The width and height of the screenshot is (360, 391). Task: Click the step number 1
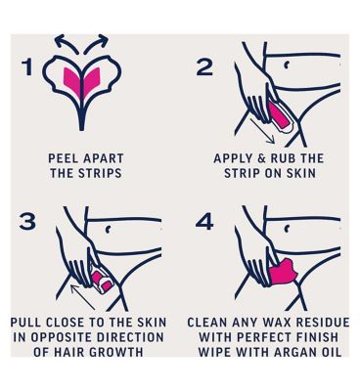(28, 67)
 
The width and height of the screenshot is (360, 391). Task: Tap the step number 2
(204, 67)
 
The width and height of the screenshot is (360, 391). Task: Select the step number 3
(27, 221)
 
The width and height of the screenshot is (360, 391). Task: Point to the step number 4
(204, 222)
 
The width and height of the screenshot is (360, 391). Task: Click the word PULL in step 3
(26, 323)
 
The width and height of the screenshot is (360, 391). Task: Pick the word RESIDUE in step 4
(319, 323)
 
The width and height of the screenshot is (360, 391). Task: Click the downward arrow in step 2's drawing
(262, 131)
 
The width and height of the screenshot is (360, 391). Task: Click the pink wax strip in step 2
(279, 114)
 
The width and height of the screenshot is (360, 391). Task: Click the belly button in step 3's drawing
(108, 230)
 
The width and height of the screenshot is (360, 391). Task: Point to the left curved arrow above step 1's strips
(66, 43)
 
